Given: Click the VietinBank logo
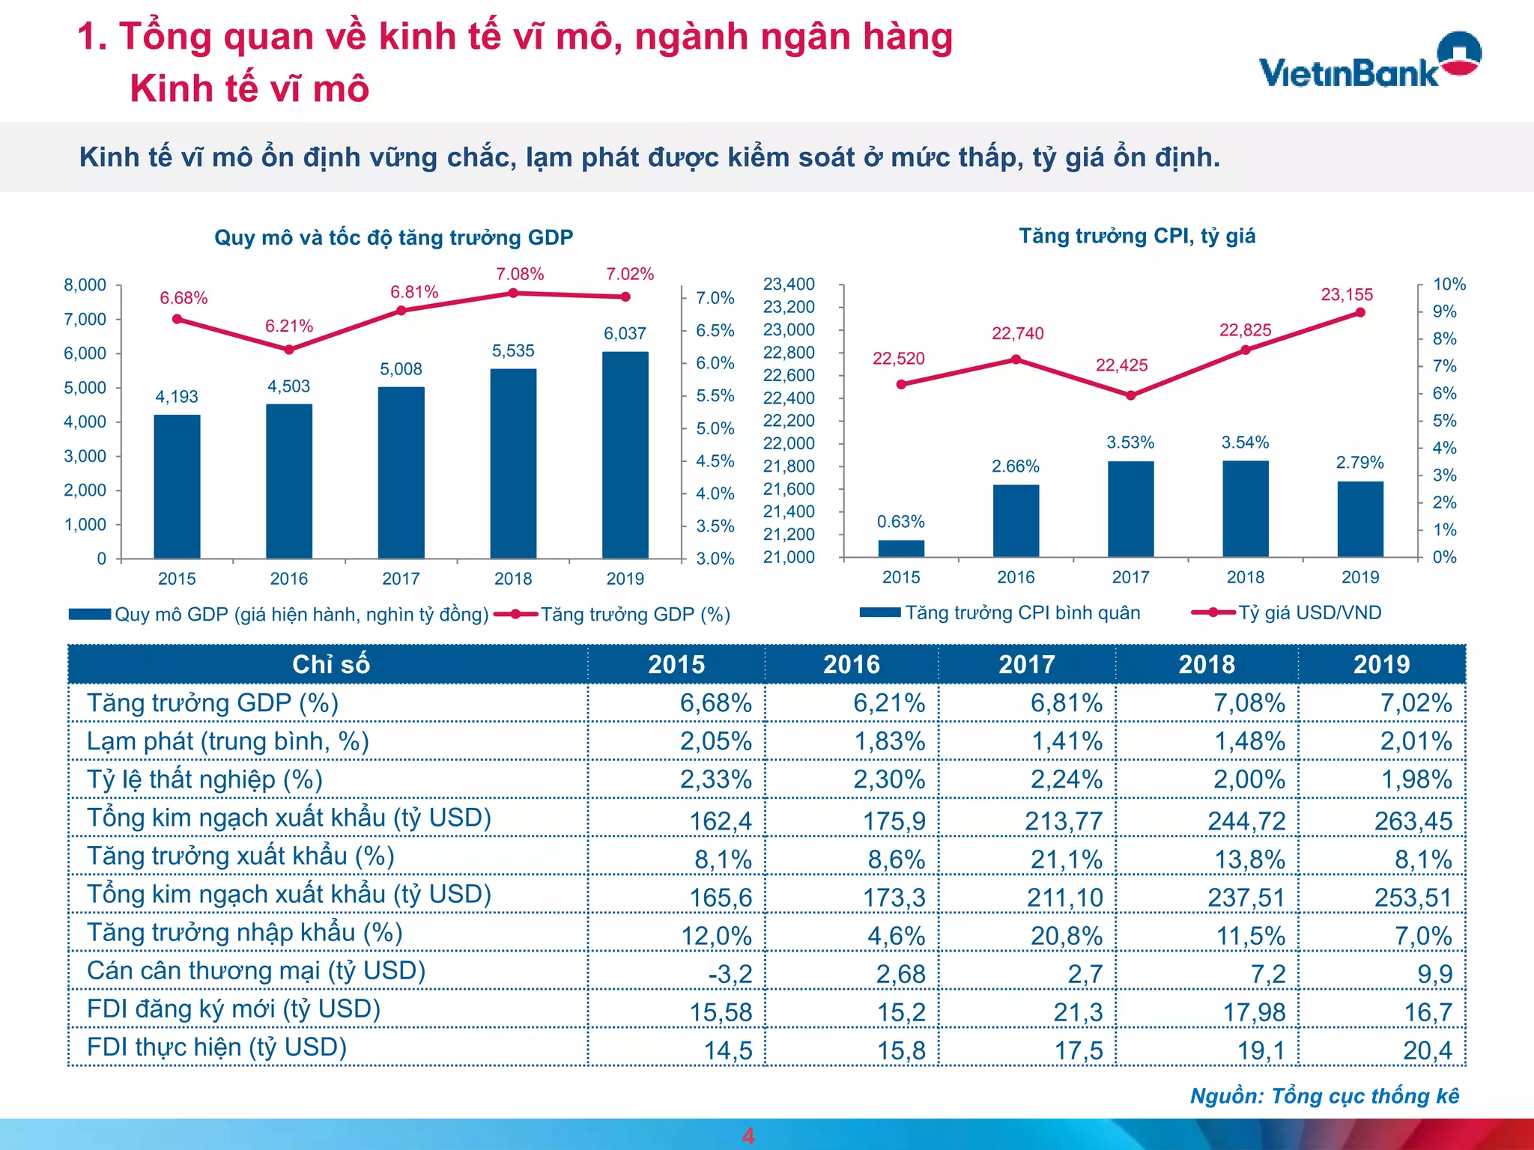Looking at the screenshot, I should (x=1369, y=61).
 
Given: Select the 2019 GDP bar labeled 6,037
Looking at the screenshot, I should (x=625, y=455).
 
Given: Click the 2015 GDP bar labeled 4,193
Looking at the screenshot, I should (x=177, y=487).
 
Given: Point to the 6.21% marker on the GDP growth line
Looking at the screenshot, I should (x=289, y=350).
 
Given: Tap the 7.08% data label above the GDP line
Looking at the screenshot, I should (x=519, y=274).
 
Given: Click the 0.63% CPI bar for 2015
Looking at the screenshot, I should (x=901, y=549).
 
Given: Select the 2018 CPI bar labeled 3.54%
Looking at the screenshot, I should (x=1245, y=509).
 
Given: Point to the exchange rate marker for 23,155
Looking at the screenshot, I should (x=1360, y=313).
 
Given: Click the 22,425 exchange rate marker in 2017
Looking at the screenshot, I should (x=1130, y=395).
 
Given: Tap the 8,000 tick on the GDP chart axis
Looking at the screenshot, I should (x=85, y=285).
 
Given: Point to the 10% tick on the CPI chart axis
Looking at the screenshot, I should (x=1449, y=285).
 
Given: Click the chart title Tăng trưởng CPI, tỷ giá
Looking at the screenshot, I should (x=1136, y=236).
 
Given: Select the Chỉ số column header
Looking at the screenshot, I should (x=330, y=664).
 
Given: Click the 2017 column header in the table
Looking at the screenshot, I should (x=1026, y=664).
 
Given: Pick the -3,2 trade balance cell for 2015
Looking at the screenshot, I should (x=730, y=973).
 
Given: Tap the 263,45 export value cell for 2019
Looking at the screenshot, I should (x=1412, y=821).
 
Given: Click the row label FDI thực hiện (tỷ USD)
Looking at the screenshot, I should (x=216, y=1047).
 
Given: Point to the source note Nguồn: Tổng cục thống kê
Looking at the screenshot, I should (x=1324, y=1096).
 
